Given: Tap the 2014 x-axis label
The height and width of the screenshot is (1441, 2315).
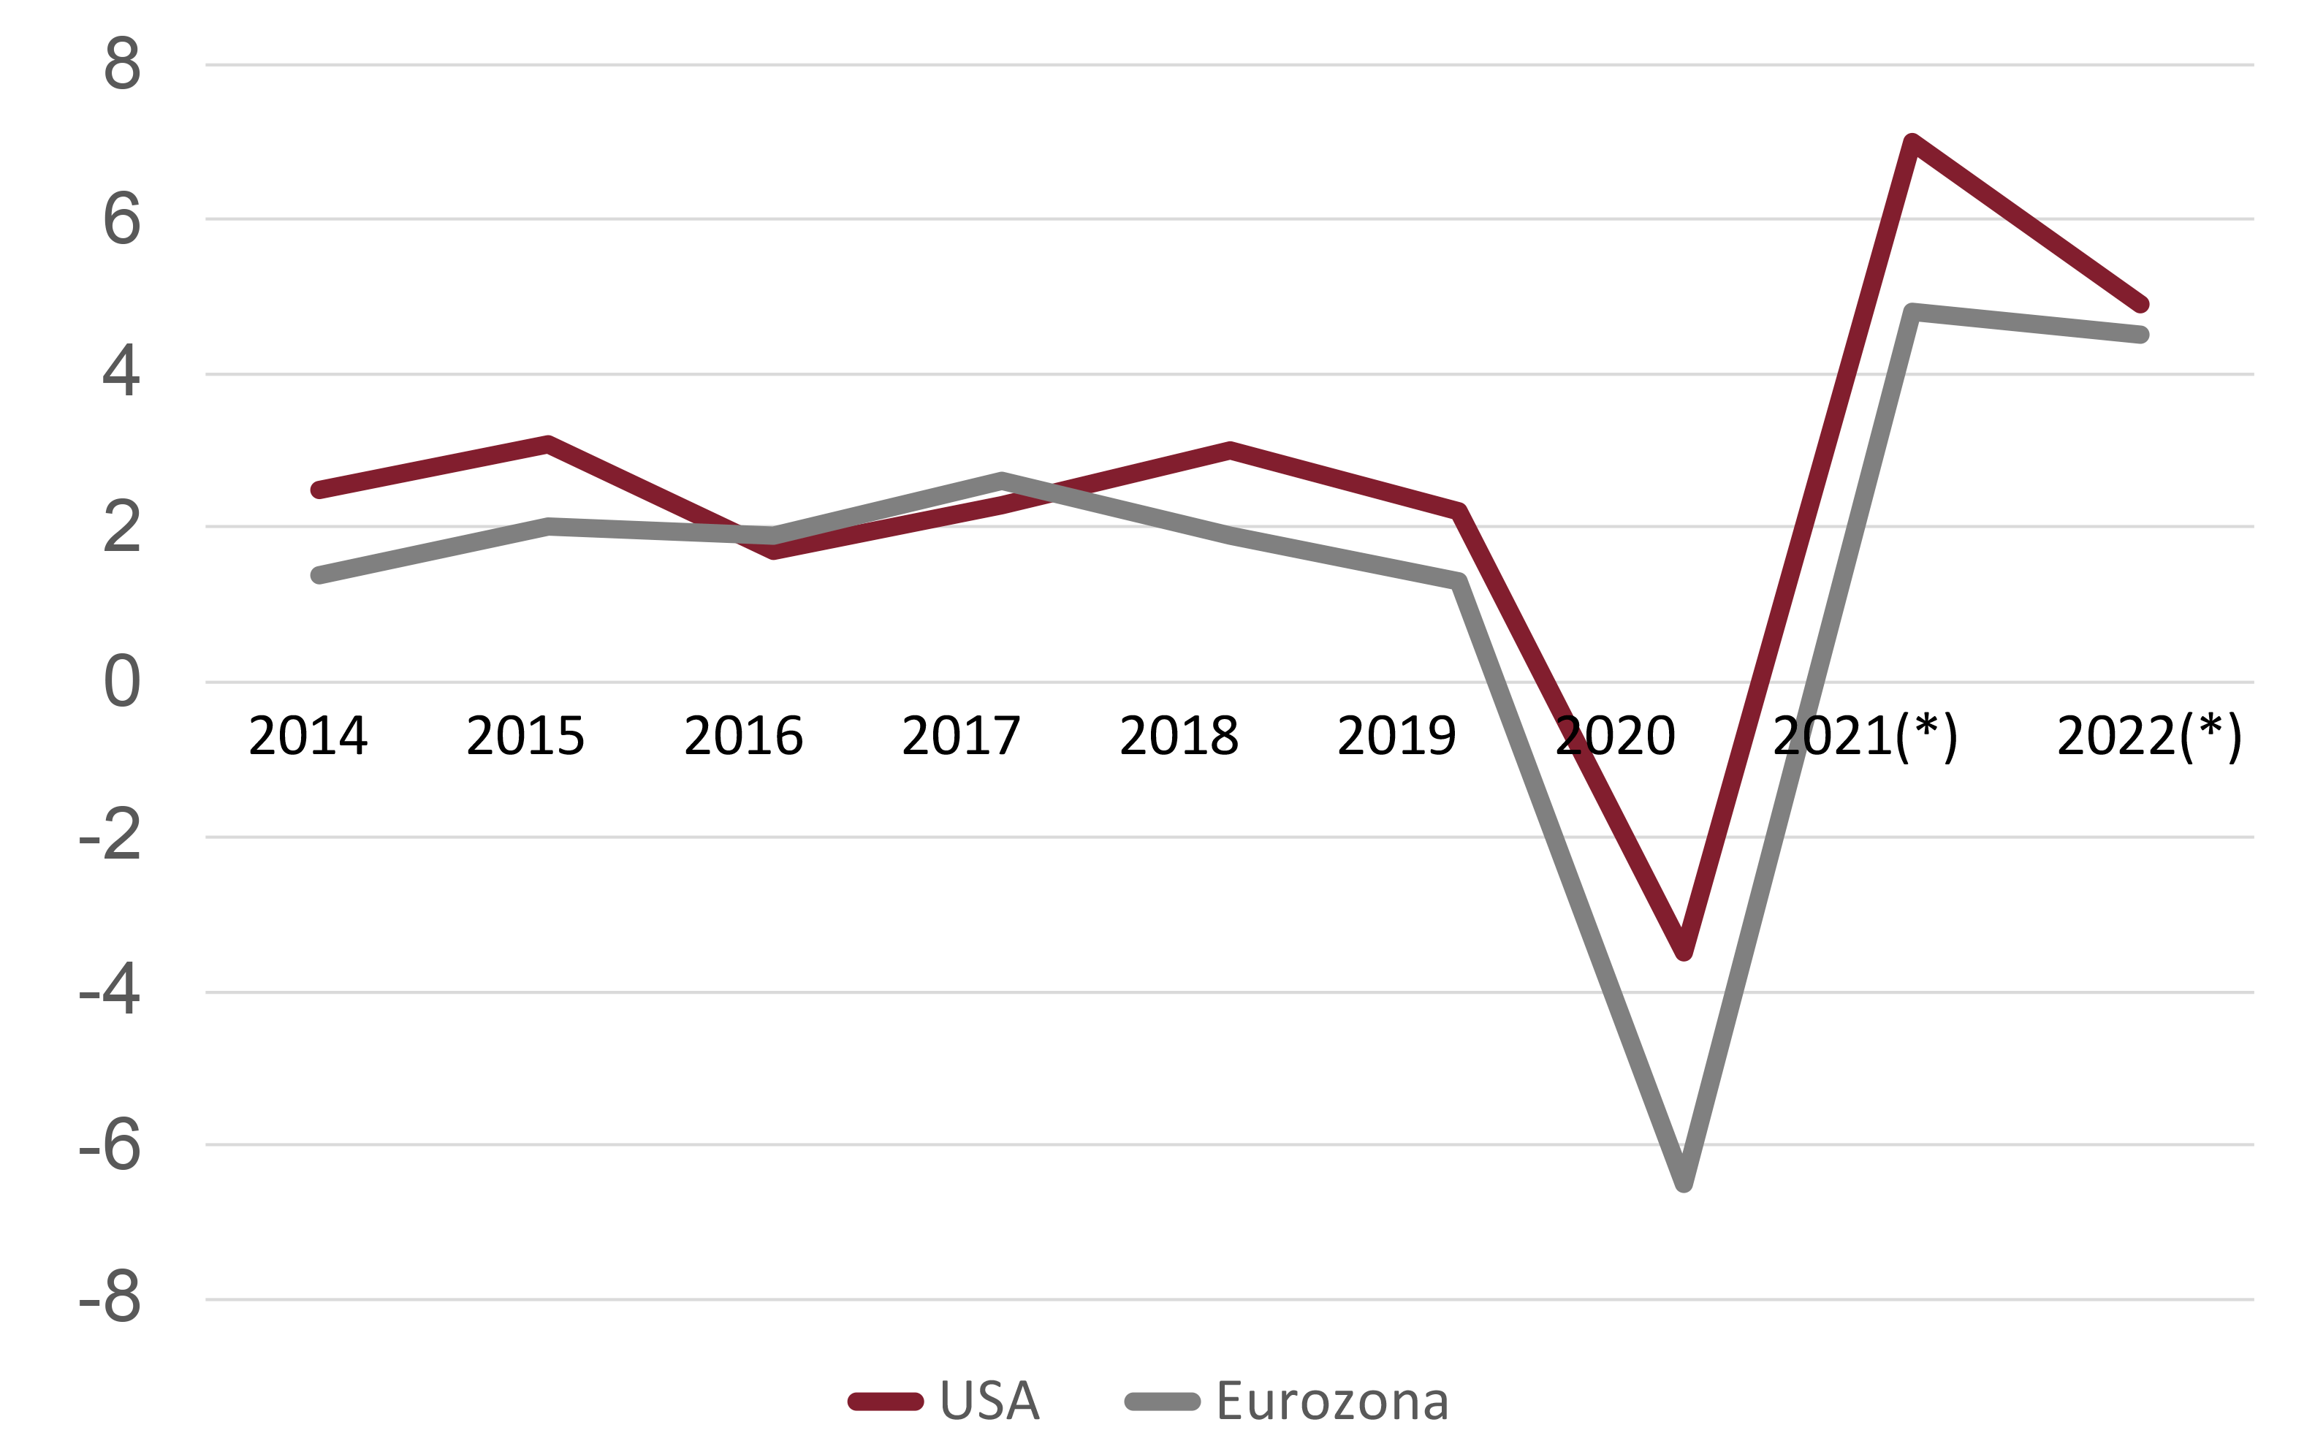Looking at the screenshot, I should tap(308, 736).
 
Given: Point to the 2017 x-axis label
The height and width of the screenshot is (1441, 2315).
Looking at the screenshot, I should tap(961, 736).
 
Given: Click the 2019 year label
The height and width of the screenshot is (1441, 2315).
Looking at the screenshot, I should tap(1396, 736).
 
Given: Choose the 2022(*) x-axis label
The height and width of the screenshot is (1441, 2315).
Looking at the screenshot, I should tap(2149, 736).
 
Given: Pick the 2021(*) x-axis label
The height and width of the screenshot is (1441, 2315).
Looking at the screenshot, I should tap(1865, 736).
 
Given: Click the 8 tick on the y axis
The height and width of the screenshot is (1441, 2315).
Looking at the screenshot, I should tap(122, 65).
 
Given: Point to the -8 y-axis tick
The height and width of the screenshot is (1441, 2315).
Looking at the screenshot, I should tap(110, 1298).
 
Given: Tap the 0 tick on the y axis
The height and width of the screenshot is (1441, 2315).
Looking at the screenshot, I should tap(122, 683).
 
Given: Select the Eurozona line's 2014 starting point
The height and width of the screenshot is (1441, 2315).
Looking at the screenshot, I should tap(319, 574).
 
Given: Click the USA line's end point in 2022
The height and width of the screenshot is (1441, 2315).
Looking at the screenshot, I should tap(2140, 304).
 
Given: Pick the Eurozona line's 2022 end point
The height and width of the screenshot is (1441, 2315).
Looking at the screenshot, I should tap(2140, 335).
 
